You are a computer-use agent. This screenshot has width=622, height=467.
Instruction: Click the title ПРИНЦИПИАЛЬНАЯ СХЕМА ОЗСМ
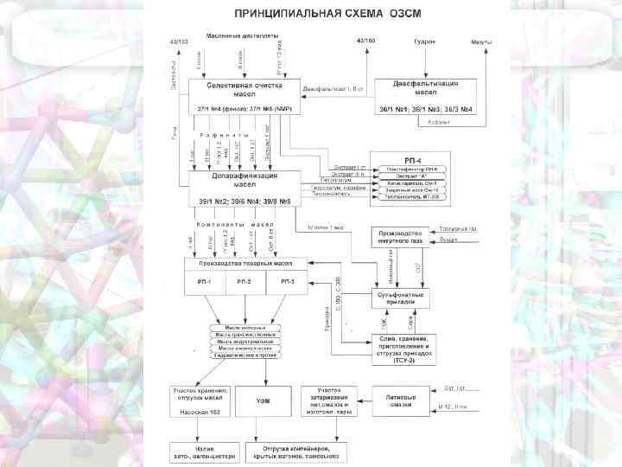tap(311, 14)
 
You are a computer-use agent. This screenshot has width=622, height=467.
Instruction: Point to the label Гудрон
tap(425, 41)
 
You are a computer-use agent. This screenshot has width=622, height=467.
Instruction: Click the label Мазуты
tap(482, 41)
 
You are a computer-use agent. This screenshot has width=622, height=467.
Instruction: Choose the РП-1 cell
tap(206, 282)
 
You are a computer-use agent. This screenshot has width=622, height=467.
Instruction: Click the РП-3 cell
tap(286, 282)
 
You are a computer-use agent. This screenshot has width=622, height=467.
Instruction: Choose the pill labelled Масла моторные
tap(246, 328)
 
